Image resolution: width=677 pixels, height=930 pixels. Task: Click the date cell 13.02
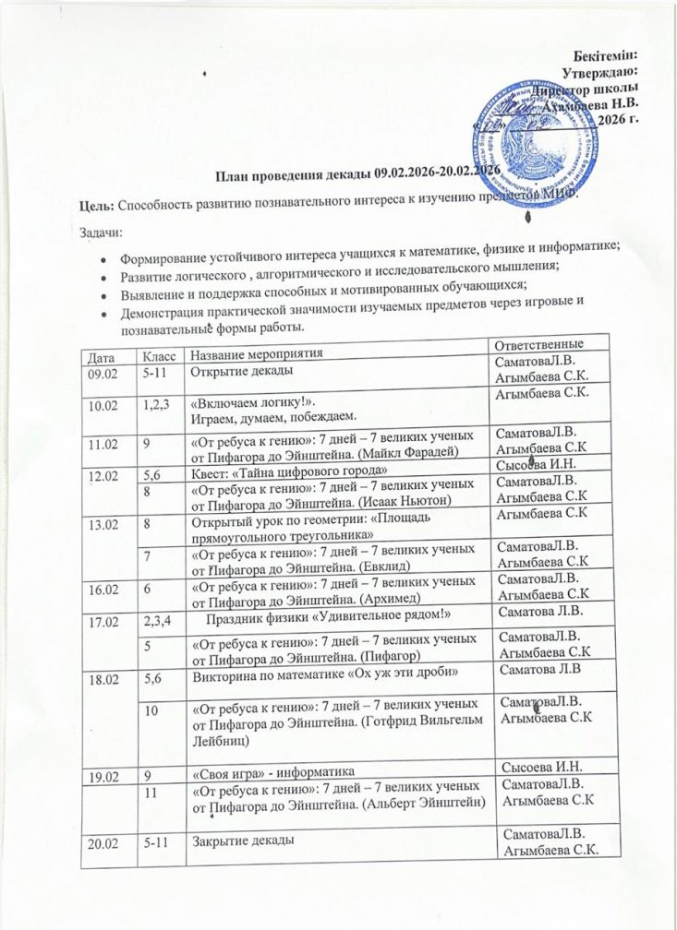click(102, 524)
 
